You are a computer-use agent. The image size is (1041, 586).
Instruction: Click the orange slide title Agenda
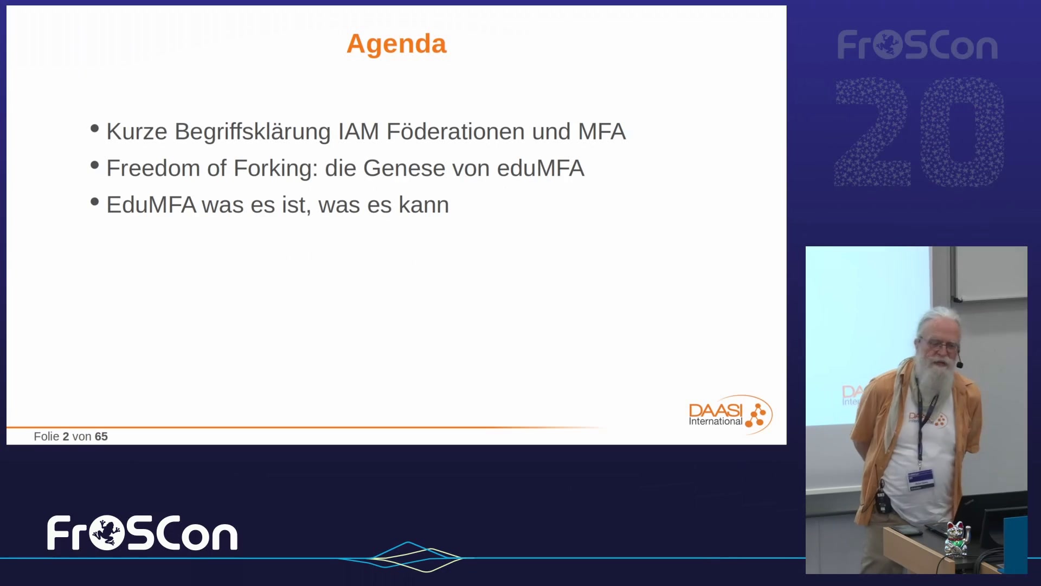pos(396,44)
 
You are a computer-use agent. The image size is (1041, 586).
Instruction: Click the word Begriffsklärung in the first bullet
pos(253,132)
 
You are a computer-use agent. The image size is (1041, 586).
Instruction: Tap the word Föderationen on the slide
pos(455,131)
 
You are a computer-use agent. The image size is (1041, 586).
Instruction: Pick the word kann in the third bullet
pos(424,205)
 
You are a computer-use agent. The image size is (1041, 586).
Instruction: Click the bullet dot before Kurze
pos(95,129)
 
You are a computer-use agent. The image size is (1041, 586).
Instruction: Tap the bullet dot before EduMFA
pos(95,202)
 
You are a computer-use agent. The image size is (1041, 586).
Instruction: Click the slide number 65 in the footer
pos(101,436)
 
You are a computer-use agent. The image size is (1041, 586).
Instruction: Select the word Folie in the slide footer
pos(47,436)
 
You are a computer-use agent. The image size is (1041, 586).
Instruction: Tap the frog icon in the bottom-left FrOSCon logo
pos(107,533)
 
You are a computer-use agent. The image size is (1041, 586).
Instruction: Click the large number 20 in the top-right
pos(920,132)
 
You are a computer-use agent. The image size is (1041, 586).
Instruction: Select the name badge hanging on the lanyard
pos(921,480)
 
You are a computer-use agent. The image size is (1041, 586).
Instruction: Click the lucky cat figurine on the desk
pos(956,539)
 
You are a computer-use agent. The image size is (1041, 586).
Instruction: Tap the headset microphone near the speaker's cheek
pos(960,365)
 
